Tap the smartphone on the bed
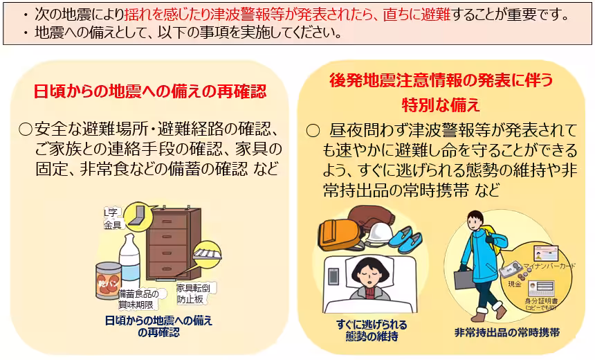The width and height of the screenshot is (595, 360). tap(332, 276)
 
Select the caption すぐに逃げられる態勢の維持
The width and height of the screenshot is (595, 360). tap(372, 331)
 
